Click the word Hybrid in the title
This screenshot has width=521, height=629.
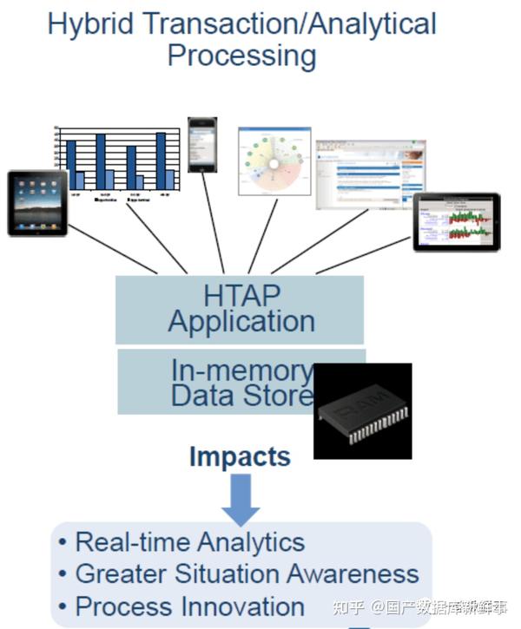pyautogui.click(x=89, y=24)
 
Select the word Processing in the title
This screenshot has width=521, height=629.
pyautogui.click(x=241, y=56)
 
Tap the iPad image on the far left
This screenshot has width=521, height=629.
pyautogui.click(x=37, y=202)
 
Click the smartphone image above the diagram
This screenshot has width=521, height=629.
pyautogui.click(x=202, y=145)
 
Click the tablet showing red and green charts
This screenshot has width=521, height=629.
pyautogui.click(x=456, y=222)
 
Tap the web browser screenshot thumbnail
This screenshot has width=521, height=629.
pyautogui.click(x=359, y=174)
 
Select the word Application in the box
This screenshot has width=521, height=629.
pyautogui.click(x=241, y=322)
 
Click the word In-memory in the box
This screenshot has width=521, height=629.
pyautogui.click(x=241, y=370)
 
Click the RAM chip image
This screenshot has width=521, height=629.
pyautogui.click(x=362, y=411)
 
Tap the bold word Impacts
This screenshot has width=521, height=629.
pyautogui.click(x=240, y=456)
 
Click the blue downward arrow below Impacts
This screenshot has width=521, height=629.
pyautogui.click(x=241, y=498)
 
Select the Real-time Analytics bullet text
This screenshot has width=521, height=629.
pyautogui.click(x=189, y=542)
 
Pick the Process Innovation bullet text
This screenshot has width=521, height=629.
pyautogui.click(x=189, y=606)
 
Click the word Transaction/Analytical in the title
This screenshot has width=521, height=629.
pyautogui.click(x=286, y=24)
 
